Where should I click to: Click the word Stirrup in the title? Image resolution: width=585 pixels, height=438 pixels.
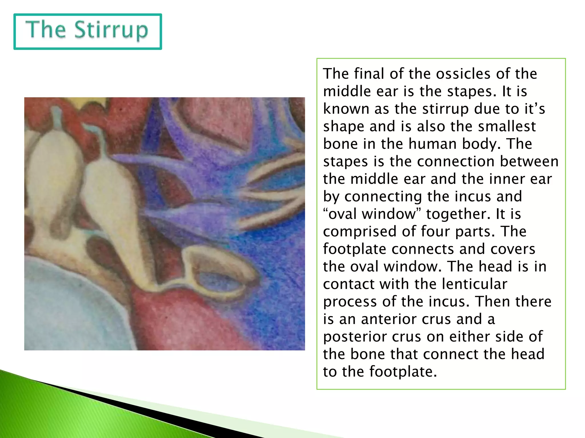pos(111,30)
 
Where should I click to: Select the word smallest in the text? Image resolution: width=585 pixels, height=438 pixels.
pos(507,126)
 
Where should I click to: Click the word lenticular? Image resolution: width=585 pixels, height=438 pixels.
pos(474,284)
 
